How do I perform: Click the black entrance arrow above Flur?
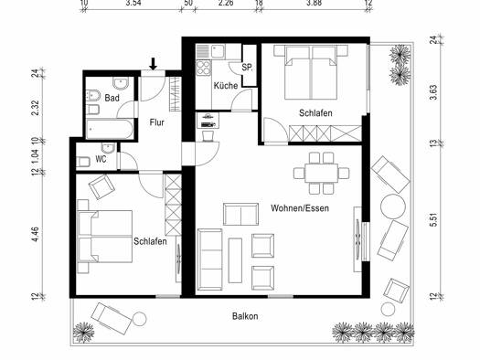coord(154,64)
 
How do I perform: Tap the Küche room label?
coord(226,86)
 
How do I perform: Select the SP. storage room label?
coord(247,68)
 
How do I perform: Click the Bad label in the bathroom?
coord(112,98)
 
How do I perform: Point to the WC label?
coord(101,159)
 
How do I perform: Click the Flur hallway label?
coord(156,122)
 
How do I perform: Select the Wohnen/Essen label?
coord(300,208)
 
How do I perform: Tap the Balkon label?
coord(245,316)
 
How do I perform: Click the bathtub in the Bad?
coord(110,129)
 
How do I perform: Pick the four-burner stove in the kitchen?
coord(204,68)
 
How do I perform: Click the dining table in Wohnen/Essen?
coord(321,173)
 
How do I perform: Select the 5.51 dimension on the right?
coord(433,219)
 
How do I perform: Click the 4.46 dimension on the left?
coord(36,234)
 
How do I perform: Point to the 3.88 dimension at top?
coord(315,3)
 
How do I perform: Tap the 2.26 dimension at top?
coord(226,3)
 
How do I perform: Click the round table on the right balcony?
coord(393,206)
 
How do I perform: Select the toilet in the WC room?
coord(82,162)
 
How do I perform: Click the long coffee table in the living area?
coord(235,260)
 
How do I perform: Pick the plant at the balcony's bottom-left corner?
coord(83,333)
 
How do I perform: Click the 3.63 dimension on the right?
coord(433,92)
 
